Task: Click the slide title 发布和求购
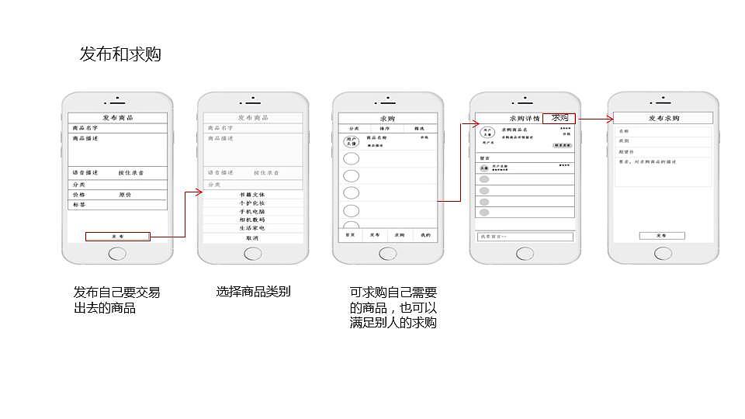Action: click(x=120, y=54)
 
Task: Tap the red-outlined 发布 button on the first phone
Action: click(x=117, y=236)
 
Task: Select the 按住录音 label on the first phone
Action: click(x=131, y=172)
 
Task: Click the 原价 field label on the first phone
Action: click(x=124, y=195)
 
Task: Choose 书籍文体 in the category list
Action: click(x=252, y=194)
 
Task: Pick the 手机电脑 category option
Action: click(x=252, y=211)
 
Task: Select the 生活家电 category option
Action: click(x=252, y=228)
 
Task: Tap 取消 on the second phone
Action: click(x=252, y=237)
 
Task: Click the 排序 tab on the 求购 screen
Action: click(x=386, y=128)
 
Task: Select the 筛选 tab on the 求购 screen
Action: click(x=419, y=128)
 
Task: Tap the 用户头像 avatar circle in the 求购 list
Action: click(x=351, y=141)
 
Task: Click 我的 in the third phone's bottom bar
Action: click(x=425, y=234)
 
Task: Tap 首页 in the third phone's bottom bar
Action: click(x=350, y=234)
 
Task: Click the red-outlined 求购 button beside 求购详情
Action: click(x=560, y=118)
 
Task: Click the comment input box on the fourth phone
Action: click(x=525, y=236)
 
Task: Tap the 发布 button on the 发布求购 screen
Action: click(x=661, y=235)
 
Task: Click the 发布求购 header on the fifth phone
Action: click(x=664, y=118)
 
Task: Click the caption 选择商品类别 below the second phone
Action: click(x=253, y=292)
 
